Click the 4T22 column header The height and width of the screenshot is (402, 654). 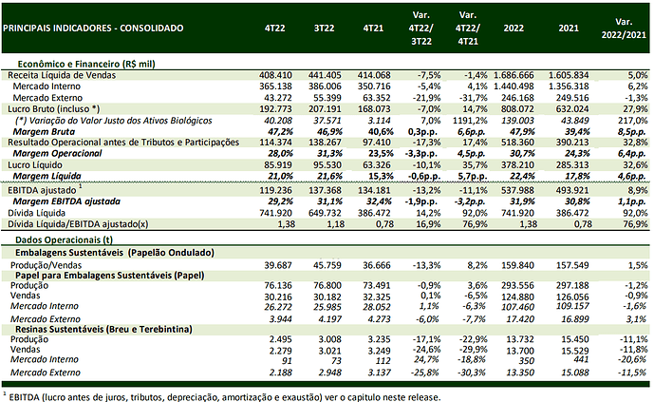(x=275, y=28)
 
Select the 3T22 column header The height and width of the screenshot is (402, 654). (x=324, y=28)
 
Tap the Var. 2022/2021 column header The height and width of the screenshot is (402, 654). (x=624, y=29)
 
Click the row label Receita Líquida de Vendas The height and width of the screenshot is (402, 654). (x=62, y=75)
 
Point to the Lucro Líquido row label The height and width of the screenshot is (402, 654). (x=35, y=165)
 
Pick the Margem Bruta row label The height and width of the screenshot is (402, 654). (x=44, y=132)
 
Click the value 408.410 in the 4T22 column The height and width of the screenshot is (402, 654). (x=275, y=75)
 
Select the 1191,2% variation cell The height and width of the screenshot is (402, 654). (x=470, y=121)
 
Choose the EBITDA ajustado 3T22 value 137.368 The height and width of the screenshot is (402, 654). (x=325, y=190)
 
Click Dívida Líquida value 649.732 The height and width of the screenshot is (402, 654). (x=325, y=213)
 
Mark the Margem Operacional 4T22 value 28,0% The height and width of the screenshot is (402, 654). (x=280, y=153)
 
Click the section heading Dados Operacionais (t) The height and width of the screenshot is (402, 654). (x=65, y=240)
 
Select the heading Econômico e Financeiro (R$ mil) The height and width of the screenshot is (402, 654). (x=86, y=64)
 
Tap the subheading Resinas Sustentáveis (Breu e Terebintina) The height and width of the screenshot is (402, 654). (x=103, y=329)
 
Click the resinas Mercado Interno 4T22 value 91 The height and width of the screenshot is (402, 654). (x=287, y=361)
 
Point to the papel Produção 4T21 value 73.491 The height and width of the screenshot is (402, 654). (x=374, y=285)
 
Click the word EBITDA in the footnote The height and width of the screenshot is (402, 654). (x=24, y=397)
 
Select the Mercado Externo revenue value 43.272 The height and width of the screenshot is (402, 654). (x=278, y=98)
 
